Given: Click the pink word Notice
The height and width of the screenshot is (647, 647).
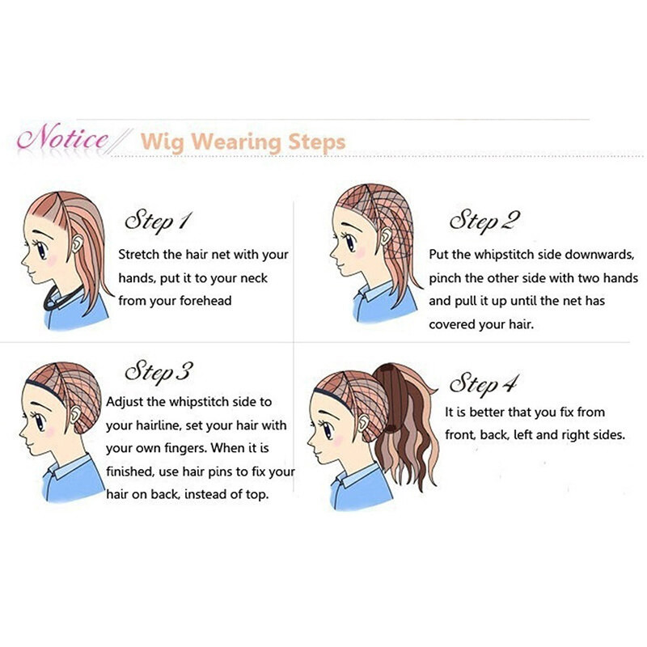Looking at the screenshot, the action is [x=63, y=137].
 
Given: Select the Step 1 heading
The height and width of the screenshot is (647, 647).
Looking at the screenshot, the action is [x=159, y=221].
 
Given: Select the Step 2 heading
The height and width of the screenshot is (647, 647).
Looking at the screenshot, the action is [x=484, y=220].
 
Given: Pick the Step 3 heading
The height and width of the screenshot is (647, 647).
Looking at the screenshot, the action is [x=159, y=372].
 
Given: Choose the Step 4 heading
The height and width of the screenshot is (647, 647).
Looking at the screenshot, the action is [x=483, y=383].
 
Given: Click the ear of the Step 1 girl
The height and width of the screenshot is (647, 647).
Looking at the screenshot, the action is [x=77, y=244].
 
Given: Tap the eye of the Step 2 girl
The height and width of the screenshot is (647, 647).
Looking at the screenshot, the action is [x=350, y=243].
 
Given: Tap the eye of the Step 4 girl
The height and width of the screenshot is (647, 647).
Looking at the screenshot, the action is [x=328, y=430].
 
